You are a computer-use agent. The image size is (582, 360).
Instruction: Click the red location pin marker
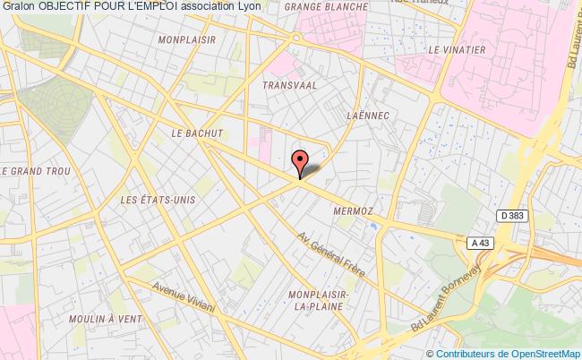pyautogui.click(x=300, y=161)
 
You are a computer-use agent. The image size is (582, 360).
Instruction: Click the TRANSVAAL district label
pyautogui.click(x=287, y=84)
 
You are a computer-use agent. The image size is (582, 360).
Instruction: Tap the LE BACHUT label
pyautogui.click(x=195, y=133)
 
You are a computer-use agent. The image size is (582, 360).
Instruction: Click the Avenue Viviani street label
pyautogui.click(x=184, y=297)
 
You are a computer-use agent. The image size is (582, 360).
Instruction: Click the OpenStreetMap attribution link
pyautogui.click(x=544, y=353)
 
